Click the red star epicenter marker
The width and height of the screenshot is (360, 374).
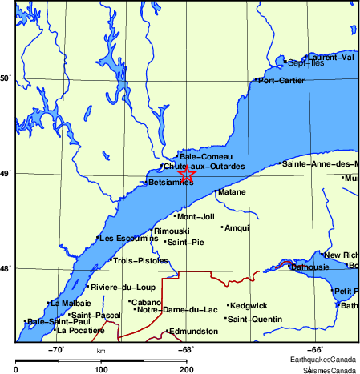[x=186, y=173]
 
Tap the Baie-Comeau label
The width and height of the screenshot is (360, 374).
[x=201, y=157]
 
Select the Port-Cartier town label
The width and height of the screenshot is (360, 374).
[x=280, y=80]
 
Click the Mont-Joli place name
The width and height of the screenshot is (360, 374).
[x=196, y=217]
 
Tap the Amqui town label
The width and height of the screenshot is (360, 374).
[x=237, y=228]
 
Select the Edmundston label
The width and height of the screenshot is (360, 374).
[x=193, y=331]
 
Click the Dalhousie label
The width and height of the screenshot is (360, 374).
[x=313, y=267]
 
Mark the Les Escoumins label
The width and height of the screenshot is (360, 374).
[x=127, y=238]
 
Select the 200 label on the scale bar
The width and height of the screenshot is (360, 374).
[x=186, y=369]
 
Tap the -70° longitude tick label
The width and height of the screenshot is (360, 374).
[x=57, y=349]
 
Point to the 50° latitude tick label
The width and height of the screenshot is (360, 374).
[x=5, y=78]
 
